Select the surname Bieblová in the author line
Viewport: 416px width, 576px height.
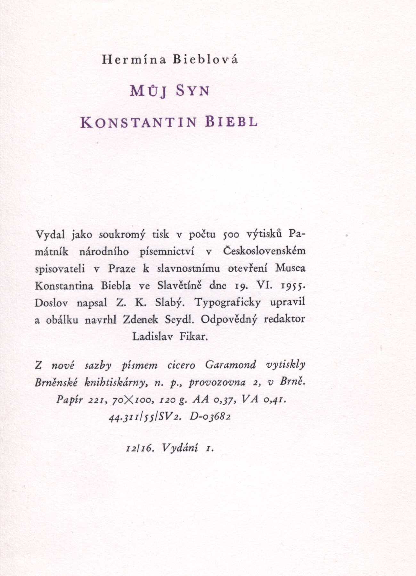(x=205, y=60)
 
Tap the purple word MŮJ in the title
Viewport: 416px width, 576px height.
(x=148, y=92)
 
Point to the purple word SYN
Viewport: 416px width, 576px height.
(x=193, y=92)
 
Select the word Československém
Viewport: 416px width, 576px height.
(x=264, y=251)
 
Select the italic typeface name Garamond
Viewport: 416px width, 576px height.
(x=231, y=365)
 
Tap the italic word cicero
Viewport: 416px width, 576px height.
(x=181, y=365)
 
